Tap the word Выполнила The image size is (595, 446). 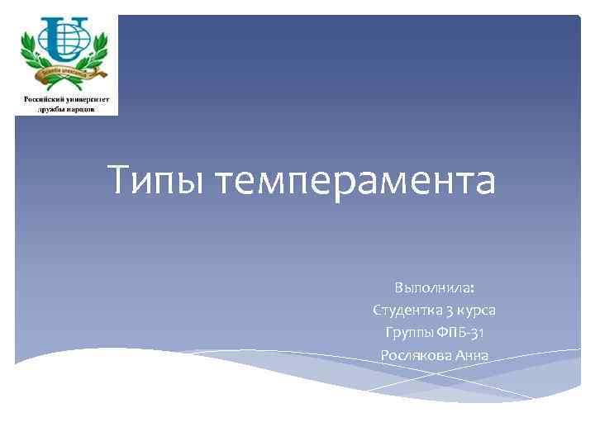click(431, 288)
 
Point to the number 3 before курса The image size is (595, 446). click(450, 311)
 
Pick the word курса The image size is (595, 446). click(477, 311)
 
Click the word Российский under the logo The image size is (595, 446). click(45, 97)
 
